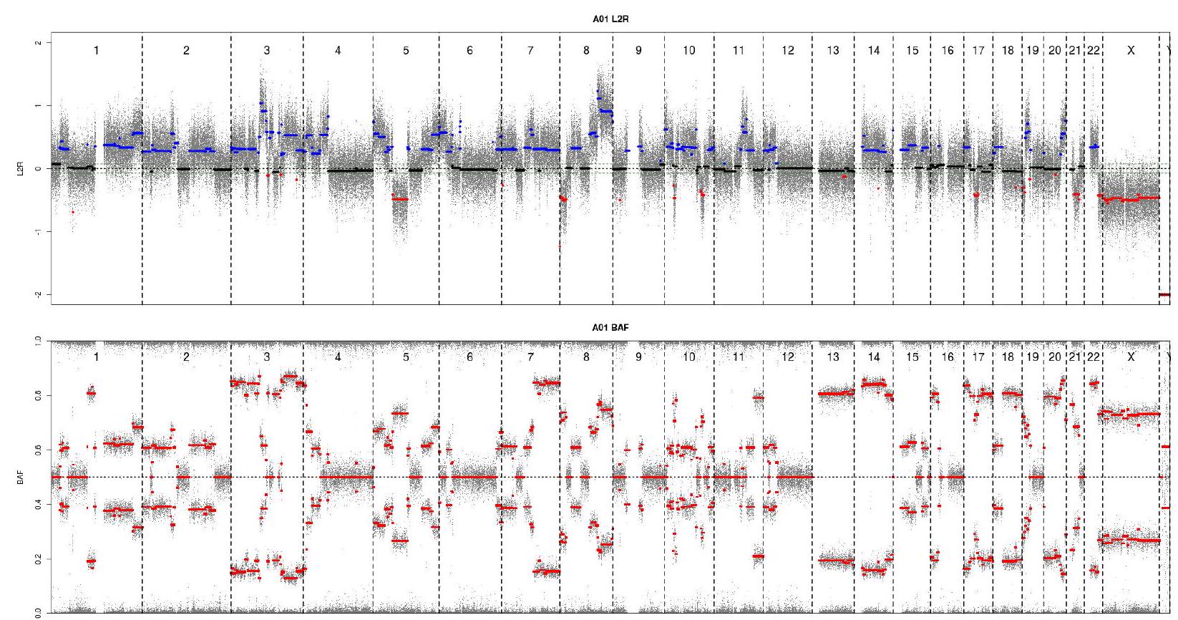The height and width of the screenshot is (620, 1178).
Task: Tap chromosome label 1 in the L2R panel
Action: pyautogui.click(x=97, y=50)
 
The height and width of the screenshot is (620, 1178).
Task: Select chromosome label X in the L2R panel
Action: pyautogui.click(x=1131, y=50)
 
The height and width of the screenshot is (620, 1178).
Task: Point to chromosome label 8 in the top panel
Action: pyautogui.click(x=587, y=50)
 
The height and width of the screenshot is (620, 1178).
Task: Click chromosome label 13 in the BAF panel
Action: pyautogui.click(x=832, y=357)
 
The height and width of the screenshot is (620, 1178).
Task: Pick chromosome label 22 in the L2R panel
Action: pyautogui.click(x=1093, y=50)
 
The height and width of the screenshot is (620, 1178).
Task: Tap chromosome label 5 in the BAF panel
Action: pyautogui.click(x=406, y=357)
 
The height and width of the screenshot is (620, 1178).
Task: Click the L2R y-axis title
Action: pyautogui.click(x=25, y=169)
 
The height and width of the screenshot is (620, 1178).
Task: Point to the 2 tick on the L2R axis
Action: pyautogui.click(x=39, y=43)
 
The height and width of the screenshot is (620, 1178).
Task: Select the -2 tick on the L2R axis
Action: pyautogui.click(x=39, y=294)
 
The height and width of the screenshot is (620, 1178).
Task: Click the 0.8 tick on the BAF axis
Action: pyautogui.click(x=39, y=395)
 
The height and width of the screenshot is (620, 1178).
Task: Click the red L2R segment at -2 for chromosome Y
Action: pyautogui.click(x=1164, y=294)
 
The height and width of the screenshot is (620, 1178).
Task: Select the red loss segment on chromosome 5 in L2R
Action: pyautogui.click(x=400, y=199)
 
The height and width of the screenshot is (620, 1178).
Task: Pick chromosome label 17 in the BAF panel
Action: pyautogui.click(x=978, y=357)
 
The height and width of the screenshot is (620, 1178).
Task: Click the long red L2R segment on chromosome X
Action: pyautogui.click(x=1131, y=198)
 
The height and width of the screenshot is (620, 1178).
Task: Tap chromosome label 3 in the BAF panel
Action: pyautogui.click(x=267, y=357)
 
